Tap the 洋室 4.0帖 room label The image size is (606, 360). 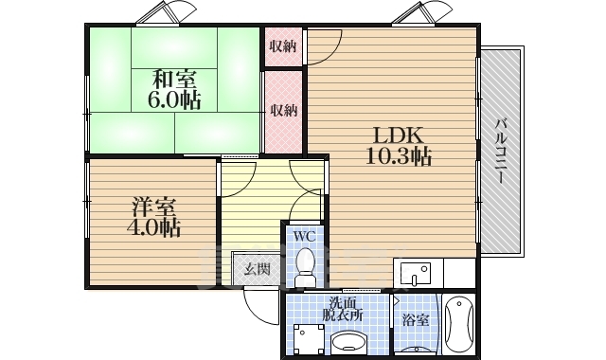click(154, 217)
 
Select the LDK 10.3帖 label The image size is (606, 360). click(399, 146)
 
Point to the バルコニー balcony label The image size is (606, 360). click(501, 152)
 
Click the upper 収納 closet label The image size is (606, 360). click(283, 46)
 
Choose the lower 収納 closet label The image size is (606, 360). click(284, 111)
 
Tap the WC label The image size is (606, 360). click(305, 236)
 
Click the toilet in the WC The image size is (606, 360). click(305, 267)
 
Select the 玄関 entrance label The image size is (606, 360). click(257, 269)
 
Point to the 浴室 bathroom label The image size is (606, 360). click(416, 320)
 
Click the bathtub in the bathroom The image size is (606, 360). click(458, 324)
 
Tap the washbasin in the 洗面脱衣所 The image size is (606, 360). click(351, 342)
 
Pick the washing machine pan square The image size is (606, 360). click(309, 339)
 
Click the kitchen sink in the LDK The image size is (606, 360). click(416, 273)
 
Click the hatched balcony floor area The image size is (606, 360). click(501, 152)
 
